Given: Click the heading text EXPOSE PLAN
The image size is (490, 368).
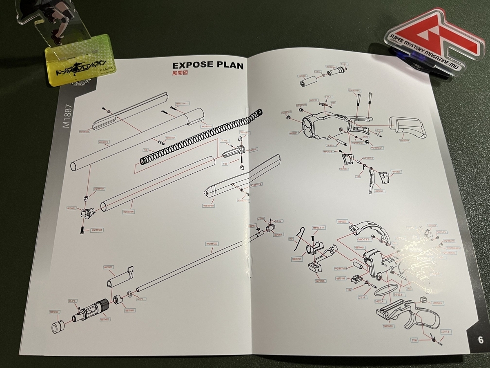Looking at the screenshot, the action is [x=208, y=65].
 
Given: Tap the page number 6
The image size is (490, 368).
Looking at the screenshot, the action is [x=480, y=339].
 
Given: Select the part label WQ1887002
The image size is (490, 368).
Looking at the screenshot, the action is [x=212, y=244].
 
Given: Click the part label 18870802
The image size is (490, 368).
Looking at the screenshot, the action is [x=108, y=267].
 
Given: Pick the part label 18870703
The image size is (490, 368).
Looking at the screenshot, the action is [x=54, y=312].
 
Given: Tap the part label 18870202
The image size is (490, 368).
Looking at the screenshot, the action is [x=342, y=221].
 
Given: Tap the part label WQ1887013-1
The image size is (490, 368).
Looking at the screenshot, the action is [x=377, y=148].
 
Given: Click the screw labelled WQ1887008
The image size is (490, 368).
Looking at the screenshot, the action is [x=83, y=230].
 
